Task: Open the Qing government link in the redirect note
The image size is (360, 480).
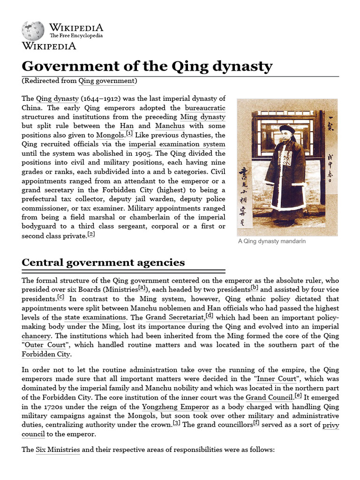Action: tap(106, 81)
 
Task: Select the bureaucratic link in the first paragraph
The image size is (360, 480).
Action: tap(205, 108)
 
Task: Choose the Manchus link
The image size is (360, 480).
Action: tap(170, 126)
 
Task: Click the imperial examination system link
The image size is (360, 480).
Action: tap(177, 144)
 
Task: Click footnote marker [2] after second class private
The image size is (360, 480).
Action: tap(91, 235)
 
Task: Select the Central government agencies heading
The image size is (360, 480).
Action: tap(103, 262)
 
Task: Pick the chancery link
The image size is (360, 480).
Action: tap(36, 336)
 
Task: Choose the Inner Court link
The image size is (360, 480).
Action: tap(276, 379)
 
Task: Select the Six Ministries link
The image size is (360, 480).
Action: tap(58, 450)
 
